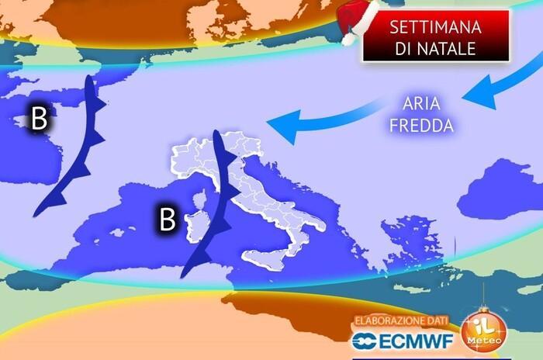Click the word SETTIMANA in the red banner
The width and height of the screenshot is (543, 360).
(x=435, y=27)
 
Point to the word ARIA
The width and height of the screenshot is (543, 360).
(x=420, y=103)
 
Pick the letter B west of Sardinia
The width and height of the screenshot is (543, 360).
(x=167, y=220)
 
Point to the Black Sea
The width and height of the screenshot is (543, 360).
(x=504, y=178)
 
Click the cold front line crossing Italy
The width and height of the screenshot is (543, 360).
(x=220, y=194)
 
